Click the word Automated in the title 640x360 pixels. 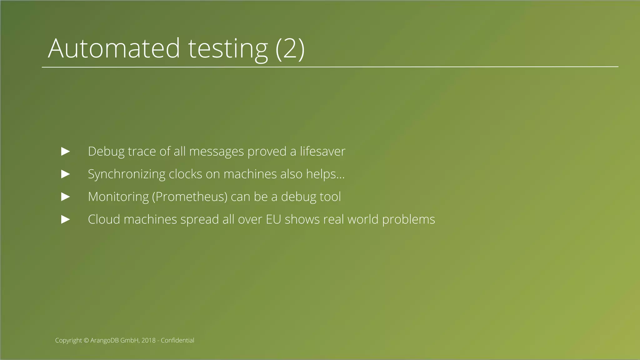pos(114,48)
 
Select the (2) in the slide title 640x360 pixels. pos(290,48)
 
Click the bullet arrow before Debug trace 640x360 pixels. pos(66,152)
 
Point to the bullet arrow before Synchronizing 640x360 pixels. pos(66,174)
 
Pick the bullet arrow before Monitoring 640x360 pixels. pos(66,197)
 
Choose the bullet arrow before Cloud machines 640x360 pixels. pos(66,219)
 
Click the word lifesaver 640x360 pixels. pos(322,152)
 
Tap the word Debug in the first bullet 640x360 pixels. pos(106,152)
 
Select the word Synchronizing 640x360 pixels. pos(127,174)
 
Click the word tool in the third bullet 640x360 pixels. pos(330,197)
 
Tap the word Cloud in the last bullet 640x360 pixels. pos(104,219)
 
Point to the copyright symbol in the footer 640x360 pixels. pos(86,341)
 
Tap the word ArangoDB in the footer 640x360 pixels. pos(104,341)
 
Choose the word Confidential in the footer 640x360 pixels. pos(177,340)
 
